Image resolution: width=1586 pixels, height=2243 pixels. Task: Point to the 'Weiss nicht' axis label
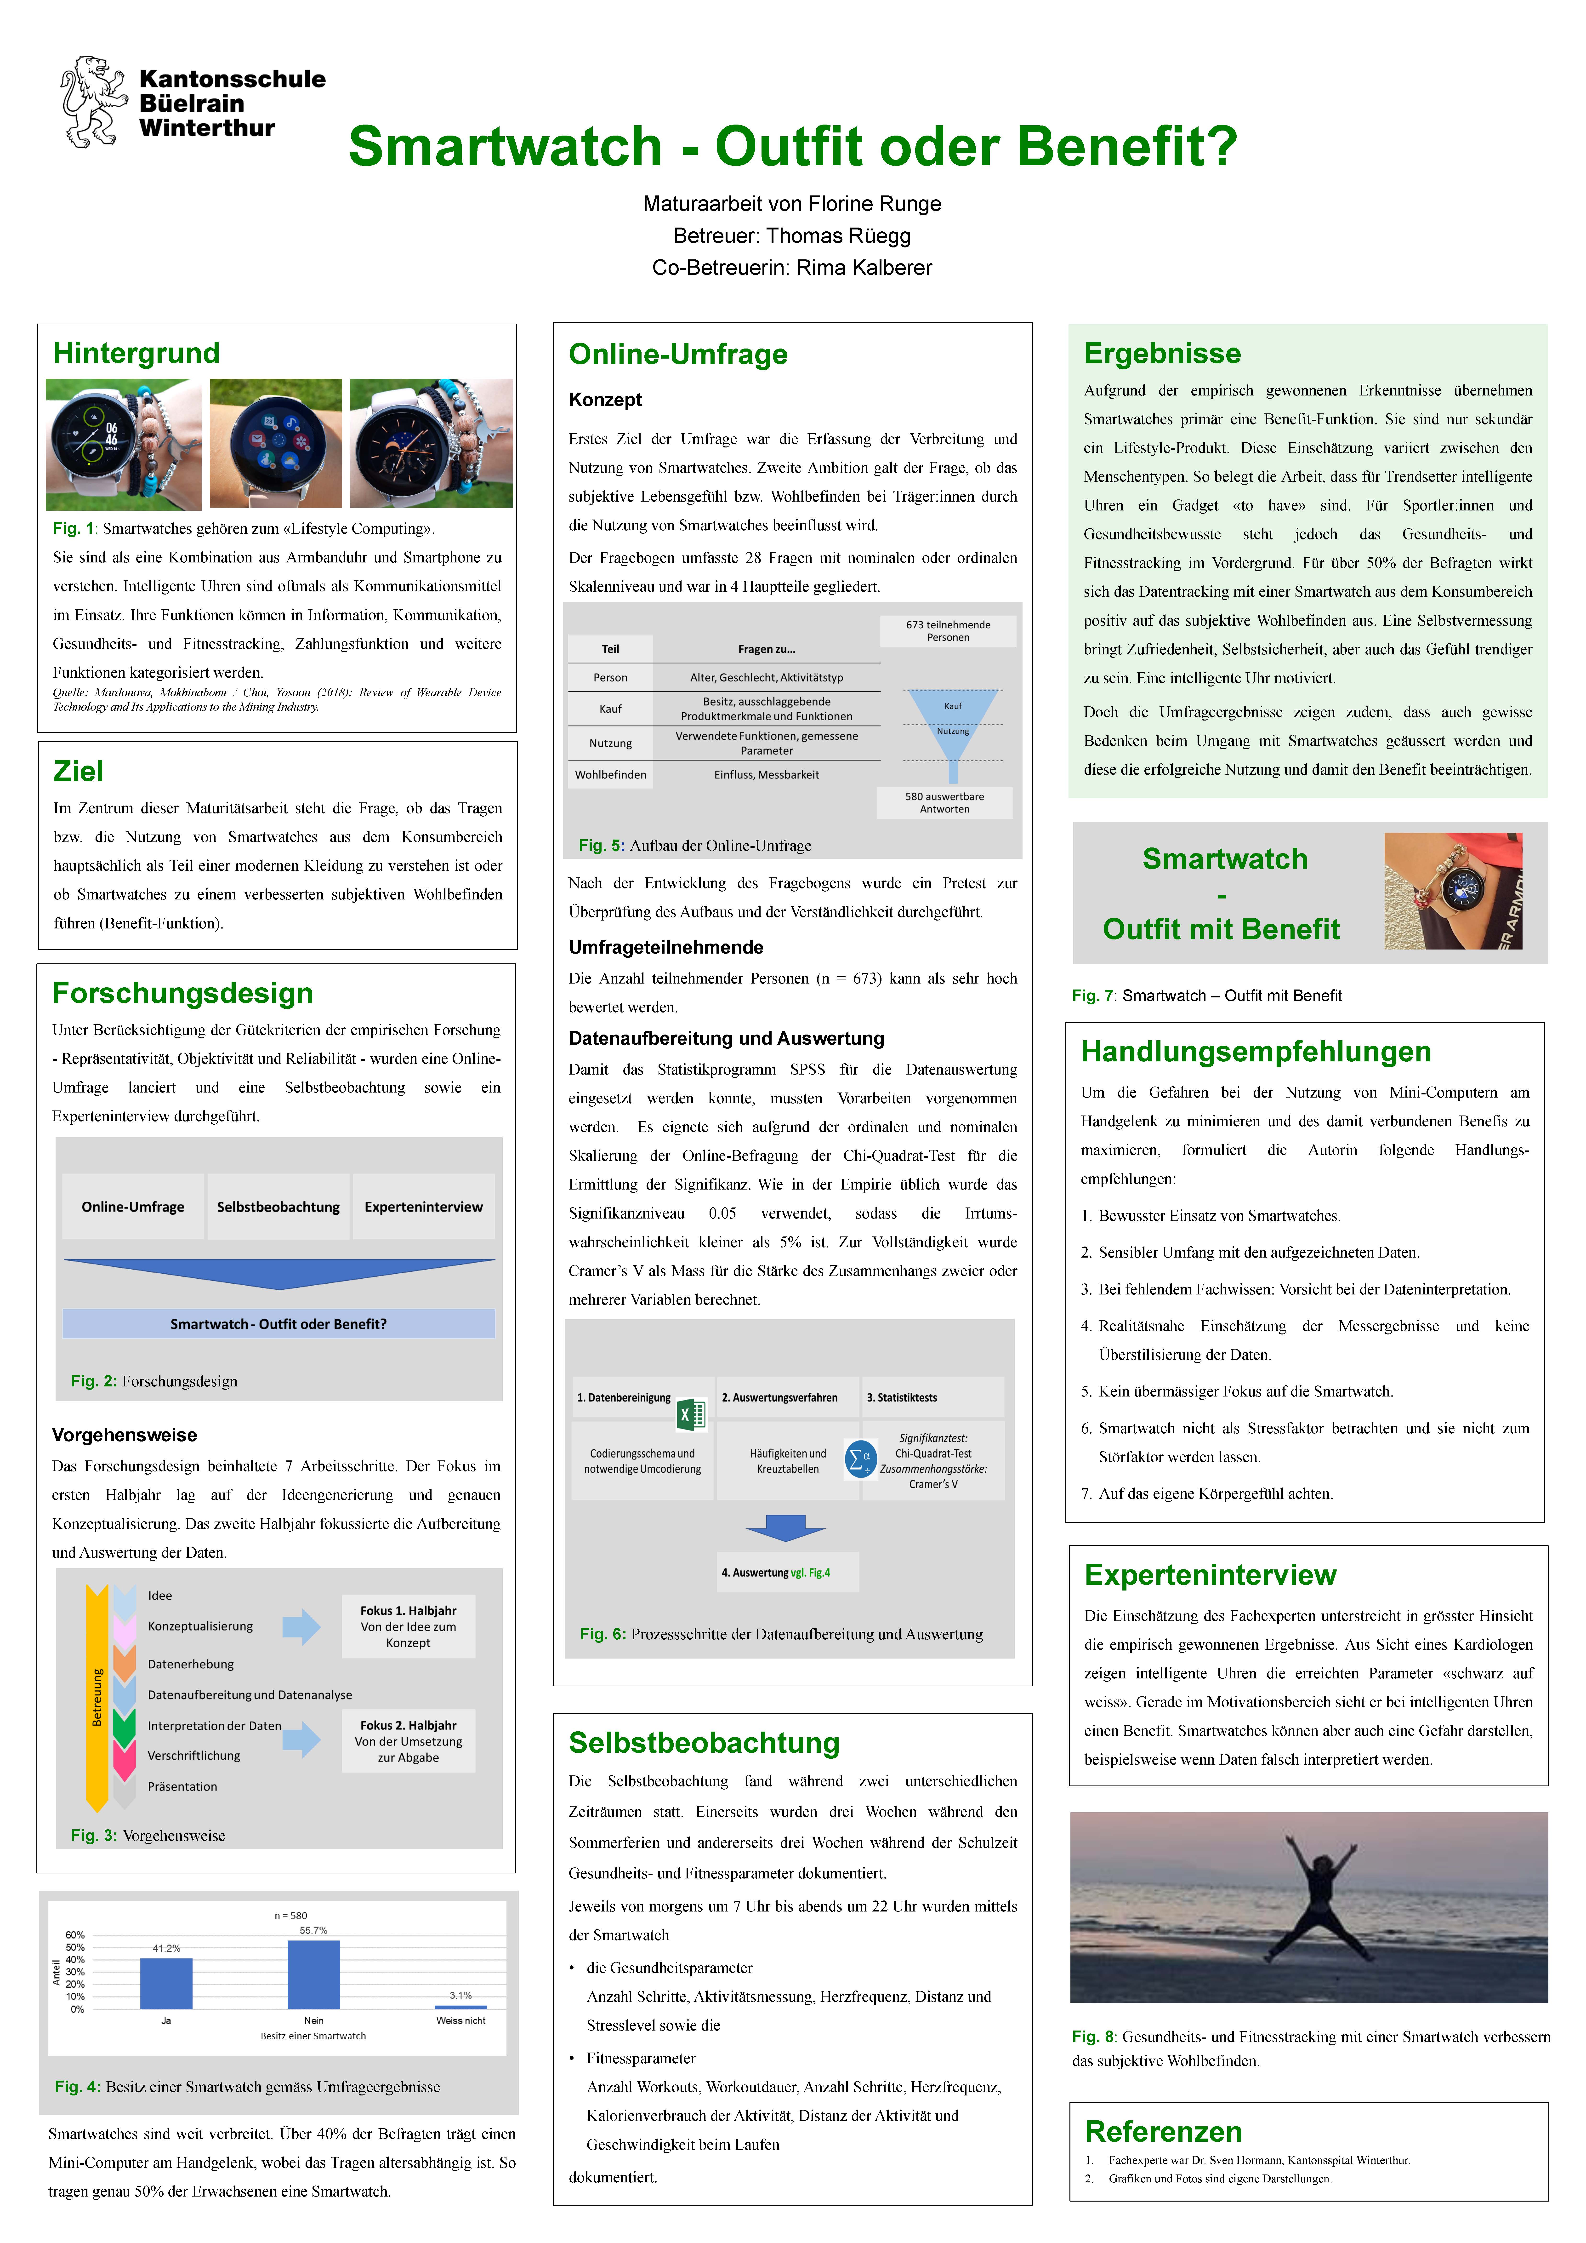(460, 2020)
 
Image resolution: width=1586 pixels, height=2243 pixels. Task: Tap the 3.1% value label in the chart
(460, 1995)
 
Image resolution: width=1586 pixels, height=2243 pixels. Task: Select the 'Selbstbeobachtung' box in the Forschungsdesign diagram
(278, 1207)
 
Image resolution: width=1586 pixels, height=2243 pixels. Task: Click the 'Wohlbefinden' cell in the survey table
(610, 775)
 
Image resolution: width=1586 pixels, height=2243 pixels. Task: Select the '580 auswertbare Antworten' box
(944, 802)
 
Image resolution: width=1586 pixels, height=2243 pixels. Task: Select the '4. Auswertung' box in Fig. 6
(787, 1572)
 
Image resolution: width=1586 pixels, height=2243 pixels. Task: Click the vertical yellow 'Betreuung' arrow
(97, 1698)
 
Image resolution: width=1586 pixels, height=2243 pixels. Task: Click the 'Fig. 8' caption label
(1092, 2037)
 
